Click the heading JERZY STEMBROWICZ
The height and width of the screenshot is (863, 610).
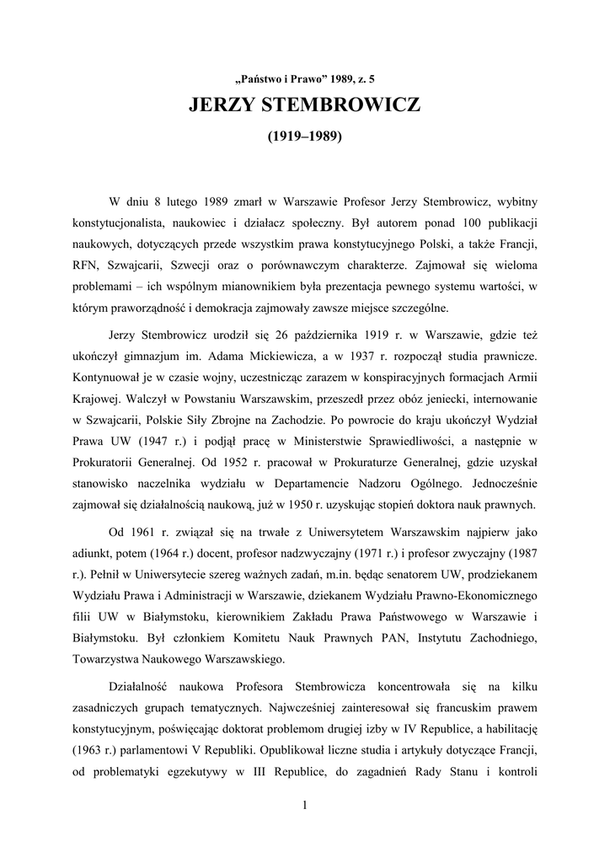[304, 107]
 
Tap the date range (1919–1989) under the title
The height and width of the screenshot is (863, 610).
[304, 136]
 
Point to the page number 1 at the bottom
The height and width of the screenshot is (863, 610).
[304, 804]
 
